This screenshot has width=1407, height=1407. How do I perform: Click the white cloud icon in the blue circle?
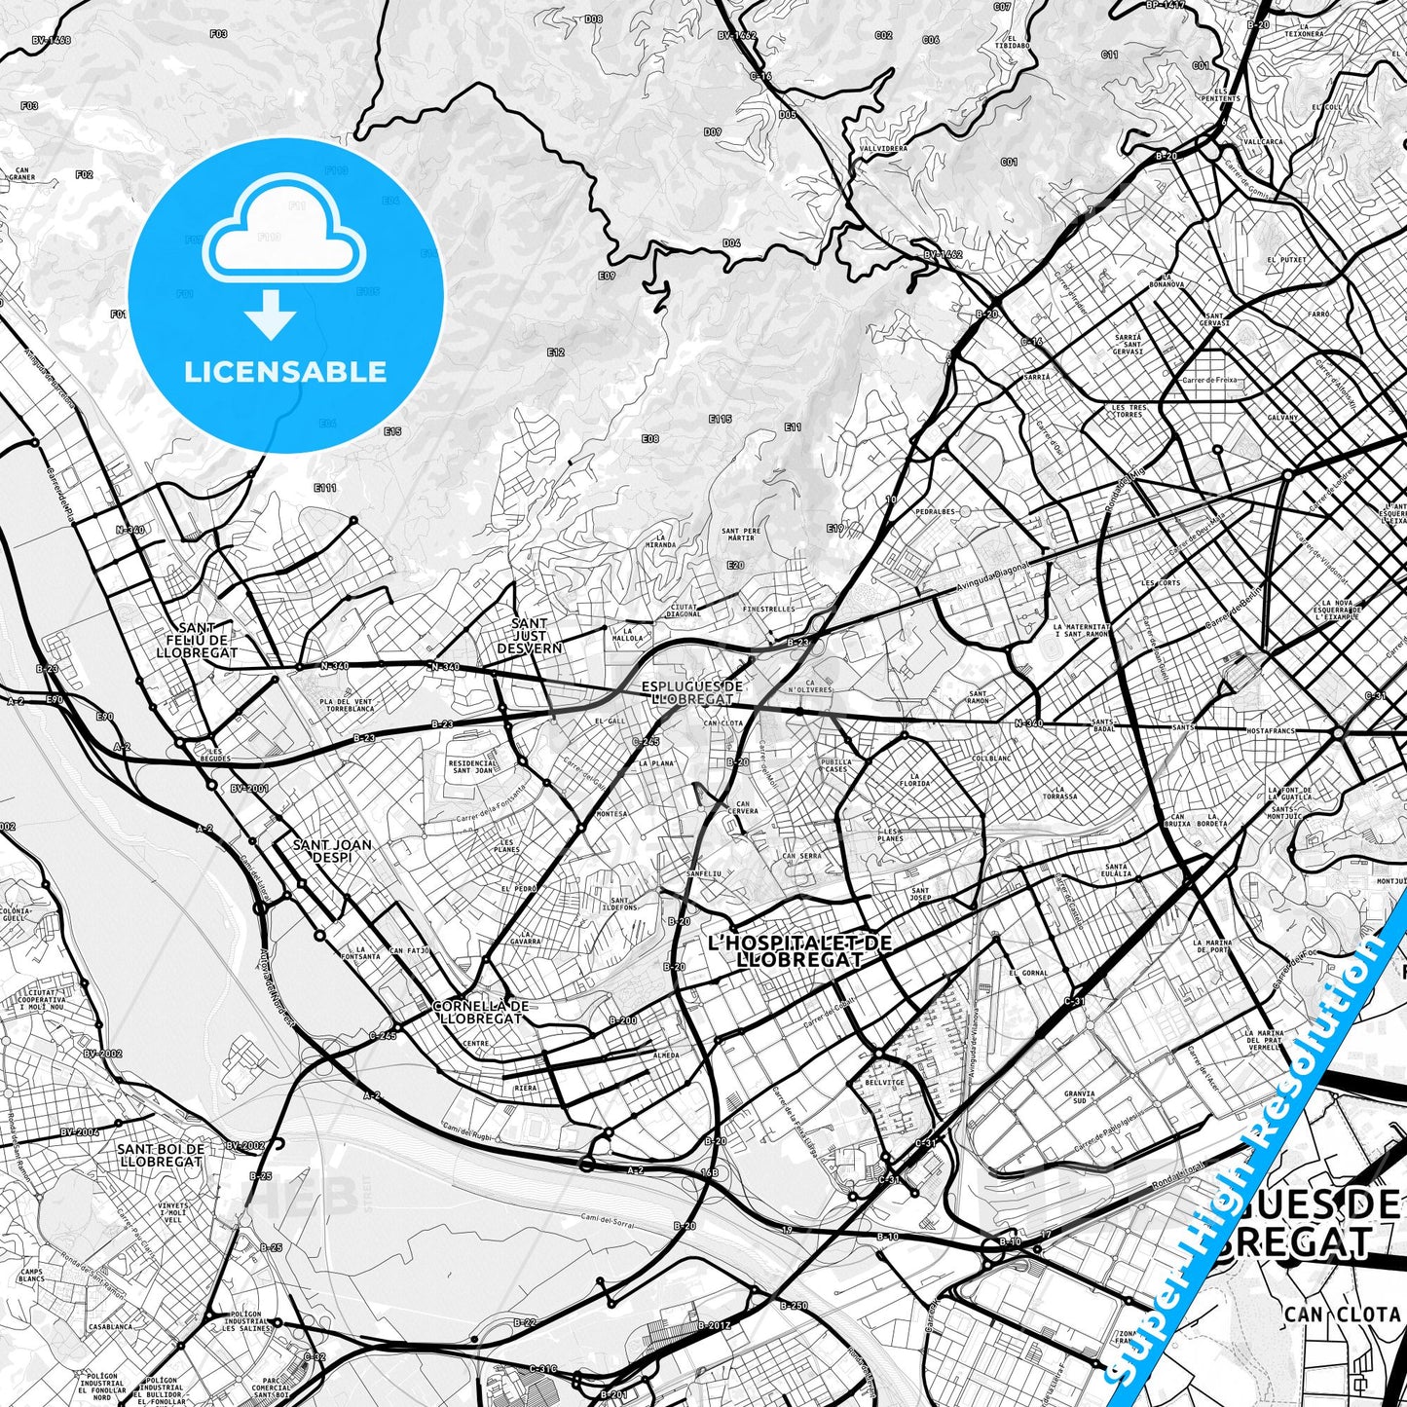pyautogui.click(x=283, y=231)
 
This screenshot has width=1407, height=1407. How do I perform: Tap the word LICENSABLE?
pyautogui.click(x=285, y=371)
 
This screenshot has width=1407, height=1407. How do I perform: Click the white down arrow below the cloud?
pyautogui.click(x=272, y=315)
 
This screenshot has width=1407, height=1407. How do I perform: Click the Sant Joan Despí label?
pyautogui.click(x=332, y=851)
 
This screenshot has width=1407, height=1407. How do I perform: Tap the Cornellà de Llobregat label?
pyautogui.click(x=480, y=1012)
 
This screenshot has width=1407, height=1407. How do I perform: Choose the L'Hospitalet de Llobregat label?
pyautogui.click(x=799, y=950)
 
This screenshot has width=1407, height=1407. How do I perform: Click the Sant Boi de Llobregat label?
pyautogui.click(x=160, y=1155)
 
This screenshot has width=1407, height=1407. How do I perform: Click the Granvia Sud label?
pyautogui.click(x=1079, y=1098)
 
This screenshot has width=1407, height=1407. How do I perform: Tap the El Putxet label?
pyautogui.click(x=1286, y=260)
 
